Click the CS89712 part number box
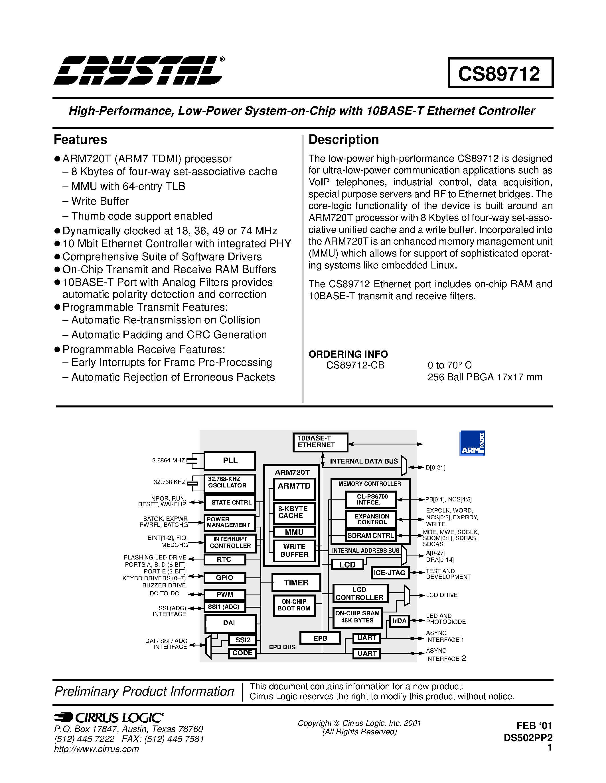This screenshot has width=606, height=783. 500,73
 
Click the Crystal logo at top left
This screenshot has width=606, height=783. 138,70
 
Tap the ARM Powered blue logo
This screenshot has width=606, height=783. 472,443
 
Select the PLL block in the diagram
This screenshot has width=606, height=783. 230,461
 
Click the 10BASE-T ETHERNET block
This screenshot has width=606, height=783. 320,442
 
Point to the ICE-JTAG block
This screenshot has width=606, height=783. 390,573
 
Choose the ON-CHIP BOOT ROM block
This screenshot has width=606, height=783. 294,606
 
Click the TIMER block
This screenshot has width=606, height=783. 296,583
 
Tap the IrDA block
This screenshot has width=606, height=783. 399,621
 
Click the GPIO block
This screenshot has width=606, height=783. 225,578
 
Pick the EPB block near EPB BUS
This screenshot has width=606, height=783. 320,638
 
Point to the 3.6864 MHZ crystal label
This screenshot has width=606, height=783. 168,461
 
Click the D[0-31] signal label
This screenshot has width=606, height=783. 435,468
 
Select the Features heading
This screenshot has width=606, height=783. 80,140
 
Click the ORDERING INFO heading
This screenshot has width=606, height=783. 348,354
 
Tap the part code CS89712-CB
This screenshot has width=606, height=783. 355,365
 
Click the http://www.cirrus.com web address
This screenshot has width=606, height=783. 96,749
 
